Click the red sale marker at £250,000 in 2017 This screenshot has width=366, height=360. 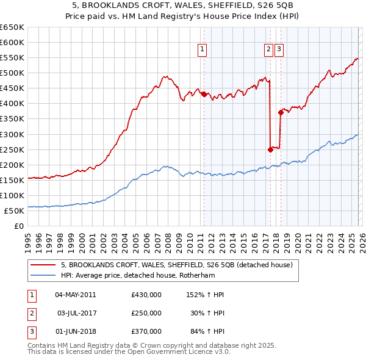(270, 149)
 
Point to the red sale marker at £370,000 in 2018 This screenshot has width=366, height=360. (281, 112)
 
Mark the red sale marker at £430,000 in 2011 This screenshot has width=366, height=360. (203, 93)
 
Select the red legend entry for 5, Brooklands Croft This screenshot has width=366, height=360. (177, 265)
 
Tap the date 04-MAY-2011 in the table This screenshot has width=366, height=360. (75, 295)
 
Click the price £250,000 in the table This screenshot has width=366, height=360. (146, 313)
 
